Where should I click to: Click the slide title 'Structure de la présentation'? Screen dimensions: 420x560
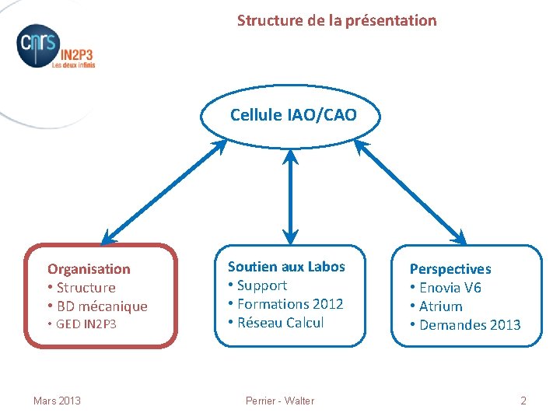(337, 21)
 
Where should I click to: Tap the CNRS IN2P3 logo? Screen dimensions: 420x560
(54, 48)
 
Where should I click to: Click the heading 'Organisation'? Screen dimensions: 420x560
(89, 269)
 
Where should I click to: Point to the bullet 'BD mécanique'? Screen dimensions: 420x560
(101, 306)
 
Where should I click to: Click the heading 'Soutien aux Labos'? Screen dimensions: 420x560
(286, 267)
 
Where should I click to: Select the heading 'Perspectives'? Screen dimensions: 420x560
(450, 269)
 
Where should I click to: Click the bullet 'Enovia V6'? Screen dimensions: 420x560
(450, 288)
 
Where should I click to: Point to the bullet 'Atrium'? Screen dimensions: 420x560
(440, 306)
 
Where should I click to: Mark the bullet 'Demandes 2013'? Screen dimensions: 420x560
(469, 325)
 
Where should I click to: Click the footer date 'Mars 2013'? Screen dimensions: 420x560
(57, 401)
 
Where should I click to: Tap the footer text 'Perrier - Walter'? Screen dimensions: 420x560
(280, 401)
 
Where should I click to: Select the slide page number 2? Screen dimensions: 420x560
(523, 401)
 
